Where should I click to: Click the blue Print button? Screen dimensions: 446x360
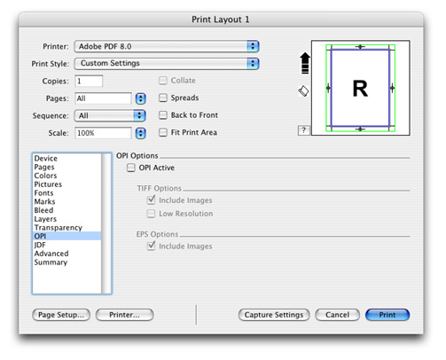click(x=387, y=315)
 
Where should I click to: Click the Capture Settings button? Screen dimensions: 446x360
click(x=274, y=315)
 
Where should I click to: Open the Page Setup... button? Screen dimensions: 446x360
click(x=61, y=315)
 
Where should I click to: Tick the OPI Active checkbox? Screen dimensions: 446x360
click(x=131, y=168)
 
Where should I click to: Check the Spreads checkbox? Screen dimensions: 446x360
click(x=163, y=98)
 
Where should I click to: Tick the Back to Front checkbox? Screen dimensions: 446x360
click(x=163, y=115)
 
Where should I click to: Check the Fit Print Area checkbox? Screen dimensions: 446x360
click(x=163, y=132)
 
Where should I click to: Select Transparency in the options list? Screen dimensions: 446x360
click(x=59, y=228)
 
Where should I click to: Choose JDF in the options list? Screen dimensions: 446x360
click(x=40, y=245)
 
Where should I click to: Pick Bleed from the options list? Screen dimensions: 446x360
click(x=43, y=210)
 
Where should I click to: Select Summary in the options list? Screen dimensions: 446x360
click(x=51, y=262)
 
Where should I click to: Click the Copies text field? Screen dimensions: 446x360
click(x=89, y=81)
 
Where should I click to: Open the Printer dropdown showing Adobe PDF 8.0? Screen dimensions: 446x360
click(x=167, y=46)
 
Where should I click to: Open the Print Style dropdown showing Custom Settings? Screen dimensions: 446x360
click(x=167, y=64)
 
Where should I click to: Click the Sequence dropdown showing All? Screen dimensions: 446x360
click(x=110, y=115)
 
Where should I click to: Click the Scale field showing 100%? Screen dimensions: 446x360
click(x=103, y=133)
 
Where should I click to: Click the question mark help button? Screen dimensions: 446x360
click(x=303, y=130)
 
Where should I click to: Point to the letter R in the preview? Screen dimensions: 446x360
click(x=360, y=89)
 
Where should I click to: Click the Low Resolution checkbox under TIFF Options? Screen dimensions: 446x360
click(x=151, y=214)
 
